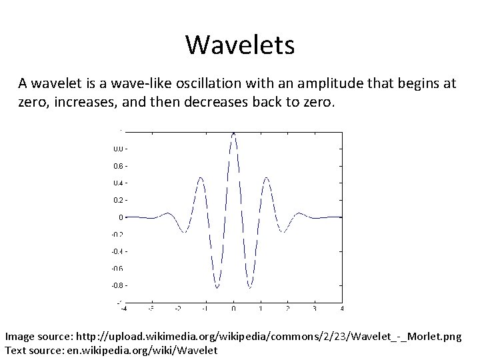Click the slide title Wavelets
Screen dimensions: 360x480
(x=240, y=45)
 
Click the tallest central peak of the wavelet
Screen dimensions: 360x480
(x=233, y=133)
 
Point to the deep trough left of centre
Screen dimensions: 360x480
(x=217, y=288)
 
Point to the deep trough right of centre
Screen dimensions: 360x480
(x=250, y=288)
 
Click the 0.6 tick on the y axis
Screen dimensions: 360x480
(x=117, y=165)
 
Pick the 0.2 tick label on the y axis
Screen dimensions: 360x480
(x=117, y=200)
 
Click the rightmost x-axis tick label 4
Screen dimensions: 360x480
(x=342, y=309)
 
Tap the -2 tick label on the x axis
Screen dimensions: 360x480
(x=177, y=309)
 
